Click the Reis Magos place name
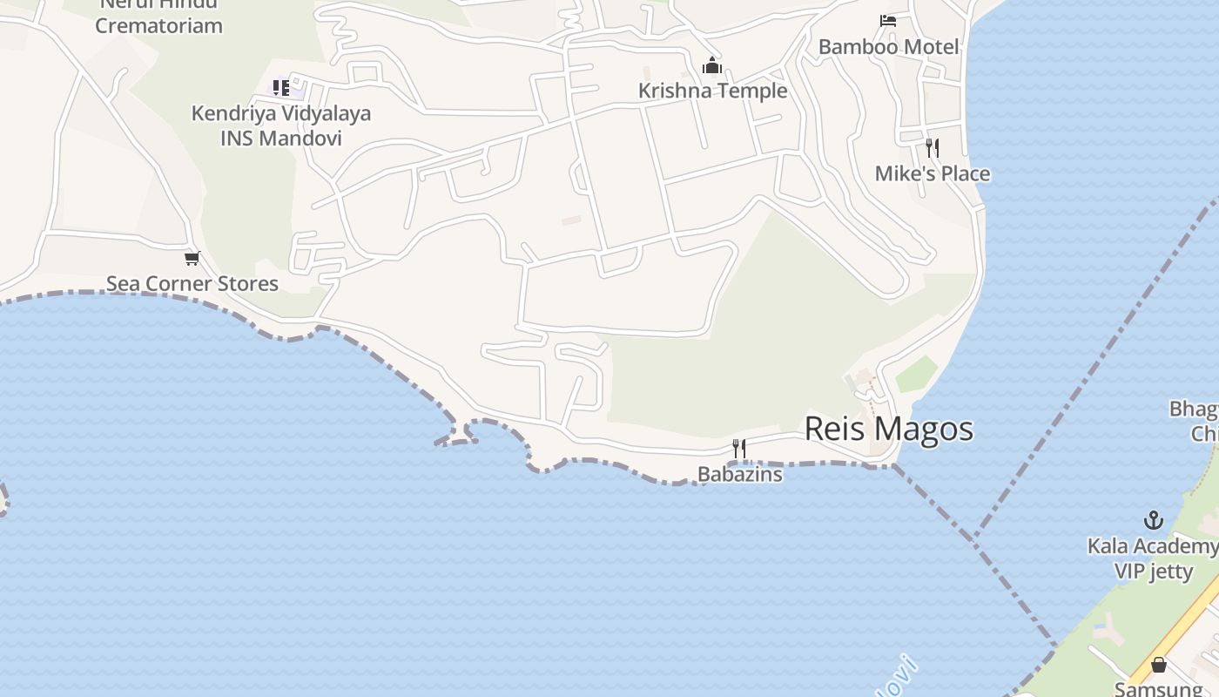pos(888,429)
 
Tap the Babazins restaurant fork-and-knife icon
pos(739,449)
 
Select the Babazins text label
pos(739,474)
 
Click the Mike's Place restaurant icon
pos(933,147)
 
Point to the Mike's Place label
pos(932,173)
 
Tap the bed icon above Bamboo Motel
pos(888,21)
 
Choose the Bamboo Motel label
pos(888,47)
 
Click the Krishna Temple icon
pos(712,66)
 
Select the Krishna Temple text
pos(712,91)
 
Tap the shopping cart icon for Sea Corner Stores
pos(192,258)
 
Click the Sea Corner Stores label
pos(192,283)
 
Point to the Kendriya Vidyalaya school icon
pos(281,87)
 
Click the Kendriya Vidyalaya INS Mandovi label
pos(281,125)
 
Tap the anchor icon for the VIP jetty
pos(1154,521)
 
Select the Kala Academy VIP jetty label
pos(1154,558)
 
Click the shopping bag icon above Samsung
pos(1159,665)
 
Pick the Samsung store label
pos(1158,688)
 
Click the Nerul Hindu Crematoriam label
pos(158,16)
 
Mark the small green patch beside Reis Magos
pos(916,374)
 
